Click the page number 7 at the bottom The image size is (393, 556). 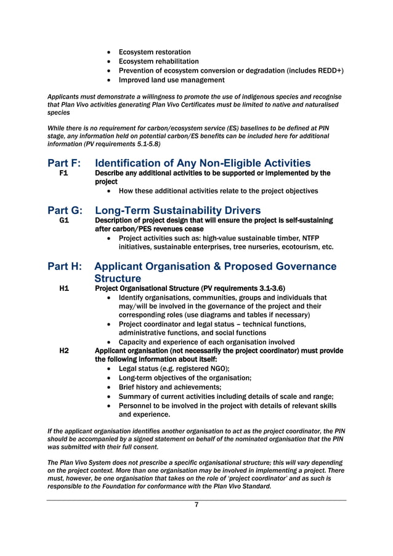tap(196, 505)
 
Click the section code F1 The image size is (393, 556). tap(63, 174)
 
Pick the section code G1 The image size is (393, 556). tap(63, 220)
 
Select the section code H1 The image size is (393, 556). tap(63, 288)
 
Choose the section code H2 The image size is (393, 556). tap(63, 351)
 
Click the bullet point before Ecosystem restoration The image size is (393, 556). tap(109, 52)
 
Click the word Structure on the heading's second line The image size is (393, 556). tap(118, 278)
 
